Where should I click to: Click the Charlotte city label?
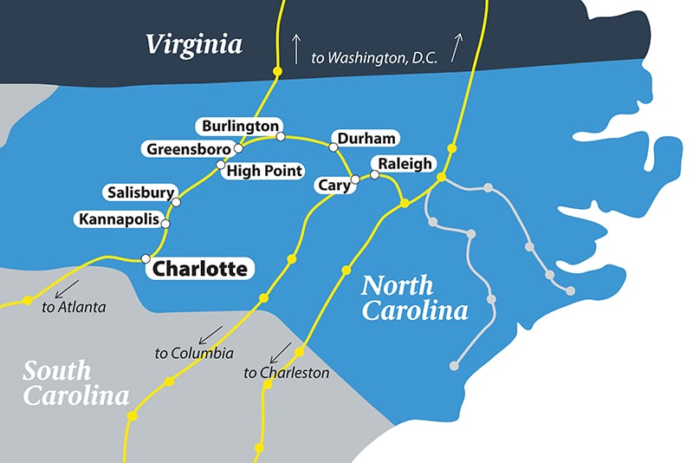pos(200,269)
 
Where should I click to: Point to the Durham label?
pos(366,139)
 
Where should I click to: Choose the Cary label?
pos(333,184)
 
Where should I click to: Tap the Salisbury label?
pos(139,192)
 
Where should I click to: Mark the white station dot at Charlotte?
pos(146,258)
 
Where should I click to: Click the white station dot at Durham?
pos(333,147)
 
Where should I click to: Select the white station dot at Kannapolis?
pos(165,223)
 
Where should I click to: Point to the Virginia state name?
pos(193,44)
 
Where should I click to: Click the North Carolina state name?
pos(415,297)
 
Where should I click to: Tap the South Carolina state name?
pos(75,384)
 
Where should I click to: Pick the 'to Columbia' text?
pos(193,353)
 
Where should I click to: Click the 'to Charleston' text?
pos(287,373)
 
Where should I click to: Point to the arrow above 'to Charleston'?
pos(280,352)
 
